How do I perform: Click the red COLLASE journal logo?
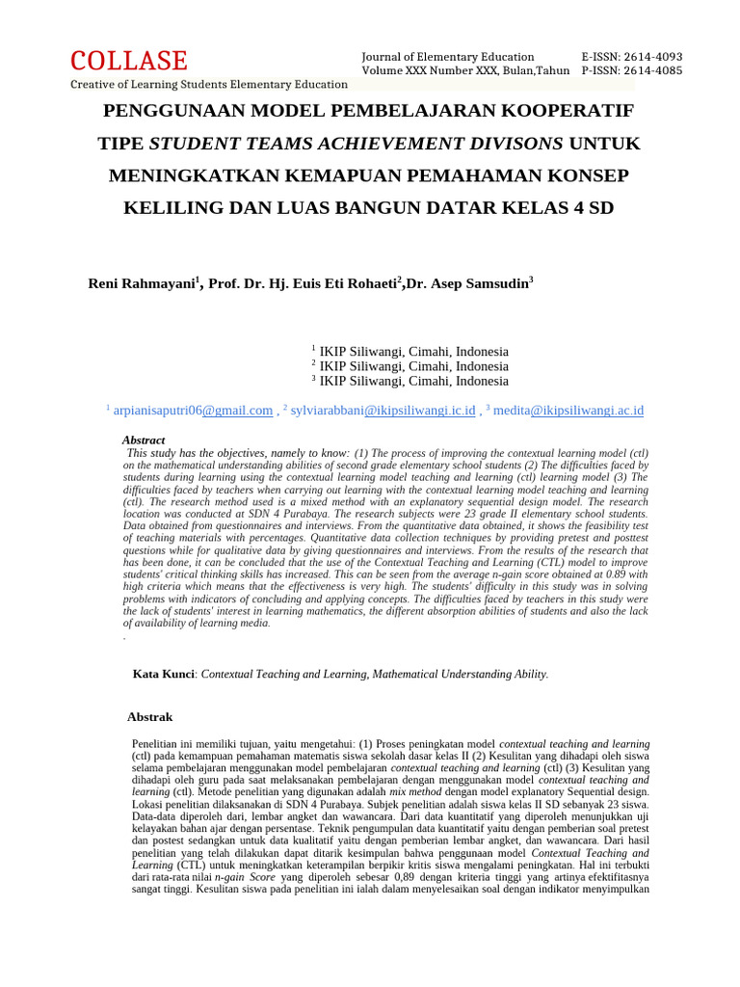point(129,61)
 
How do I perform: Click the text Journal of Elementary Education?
point(447,57)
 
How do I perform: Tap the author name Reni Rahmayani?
point(141,283)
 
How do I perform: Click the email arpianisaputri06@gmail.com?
point(193,411)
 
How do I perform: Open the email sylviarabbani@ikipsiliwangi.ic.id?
point(383,411)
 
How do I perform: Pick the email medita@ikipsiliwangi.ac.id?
point(568,411)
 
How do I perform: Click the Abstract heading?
point(144,440)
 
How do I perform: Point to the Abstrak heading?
point(149,717)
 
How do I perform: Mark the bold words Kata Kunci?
point(164,675)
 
